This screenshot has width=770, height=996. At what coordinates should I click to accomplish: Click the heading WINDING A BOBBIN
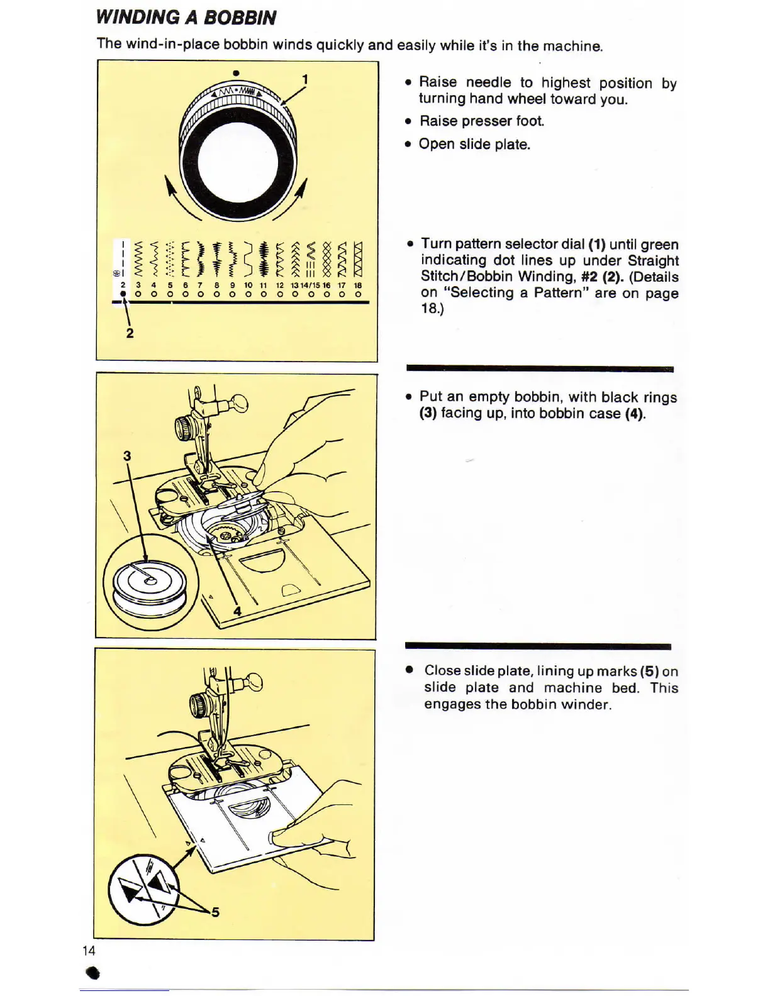point(186,18)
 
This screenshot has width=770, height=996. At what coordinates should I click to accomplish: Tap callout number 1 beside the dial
point(305,79)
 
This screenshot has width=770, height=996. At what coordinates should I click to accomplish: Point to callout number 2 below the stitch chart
point(130,333)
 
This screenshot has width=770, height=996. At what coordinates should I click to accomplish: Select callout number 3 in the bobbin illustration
point(127,456)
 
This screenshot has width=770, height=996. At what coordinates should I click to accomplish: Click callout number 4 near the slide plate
point(237,611)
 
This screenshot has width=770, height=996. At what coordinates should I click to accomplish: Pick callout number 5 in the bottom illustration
point(215,912)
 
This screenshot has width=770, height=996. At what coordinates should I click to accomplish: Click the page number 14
point(89,951)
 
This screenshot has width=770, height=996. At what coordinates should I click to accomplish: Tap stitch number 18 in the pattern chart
point(358,285)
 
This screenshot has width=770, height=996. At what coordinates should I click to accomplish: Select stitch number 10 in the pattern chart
point(248,285)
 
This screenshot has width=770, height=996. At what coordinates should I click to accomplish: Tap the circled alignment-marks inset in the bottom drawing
point(143,889)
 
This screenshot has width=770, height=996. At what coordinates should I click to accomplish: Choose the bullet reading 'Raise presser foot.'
point(481,121)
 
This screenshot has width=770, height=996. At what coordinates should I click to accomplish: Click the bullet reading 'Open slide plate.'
point(474,144)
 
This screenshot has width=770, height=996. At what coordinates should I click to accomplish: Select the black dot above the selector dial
point(236,73)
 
